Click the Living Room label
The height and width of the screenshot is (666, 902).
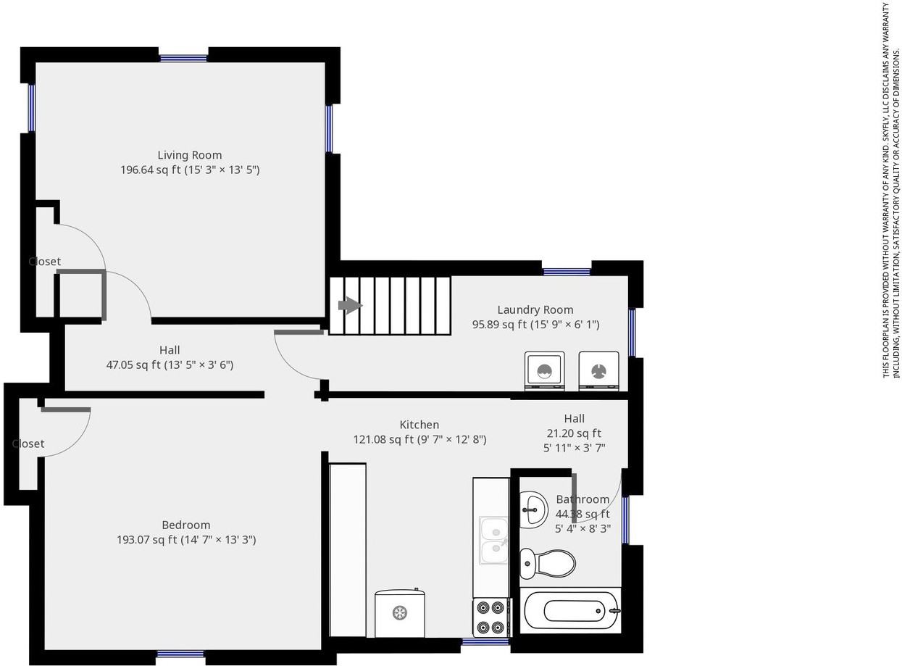(190, 155)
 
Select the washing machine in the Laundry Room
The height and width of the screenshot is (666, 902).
(544, 371)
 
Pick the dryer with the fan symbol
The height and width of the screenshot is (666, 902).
(598, 371)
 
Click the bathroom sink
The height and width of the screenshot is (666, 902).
(533, 509)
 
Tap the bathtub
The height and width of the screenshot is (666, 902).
(571, 610)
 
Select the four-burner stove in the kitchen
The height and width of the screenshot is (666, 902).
(491, 617)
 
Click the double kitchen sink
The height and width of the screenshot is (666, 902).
(494, 540)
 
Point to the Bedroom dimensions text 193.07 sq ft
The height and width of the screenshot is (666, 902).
(186, 540)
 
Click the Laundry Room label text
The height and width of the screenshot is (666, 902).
(535, 309)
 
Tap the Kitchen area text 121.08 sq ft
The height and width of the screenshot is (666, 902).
(419, 439)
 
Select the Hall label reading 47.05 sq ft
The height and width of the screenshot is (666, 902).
(170, 365)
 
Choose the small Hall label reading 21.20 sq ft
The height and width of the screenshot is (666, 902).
(574, 433)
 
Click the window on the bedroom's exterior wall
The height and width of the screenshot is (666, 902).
(180, 654)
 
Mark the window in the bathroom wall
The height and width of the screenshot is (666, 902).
(625, 519)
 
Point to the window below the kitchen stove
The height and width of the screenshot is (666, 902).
(485, 641)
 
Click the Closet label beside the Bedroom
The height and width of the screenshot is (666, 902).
(28, 444)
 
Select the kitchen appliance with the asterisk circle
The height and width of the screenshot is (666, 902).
(399, 613)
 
